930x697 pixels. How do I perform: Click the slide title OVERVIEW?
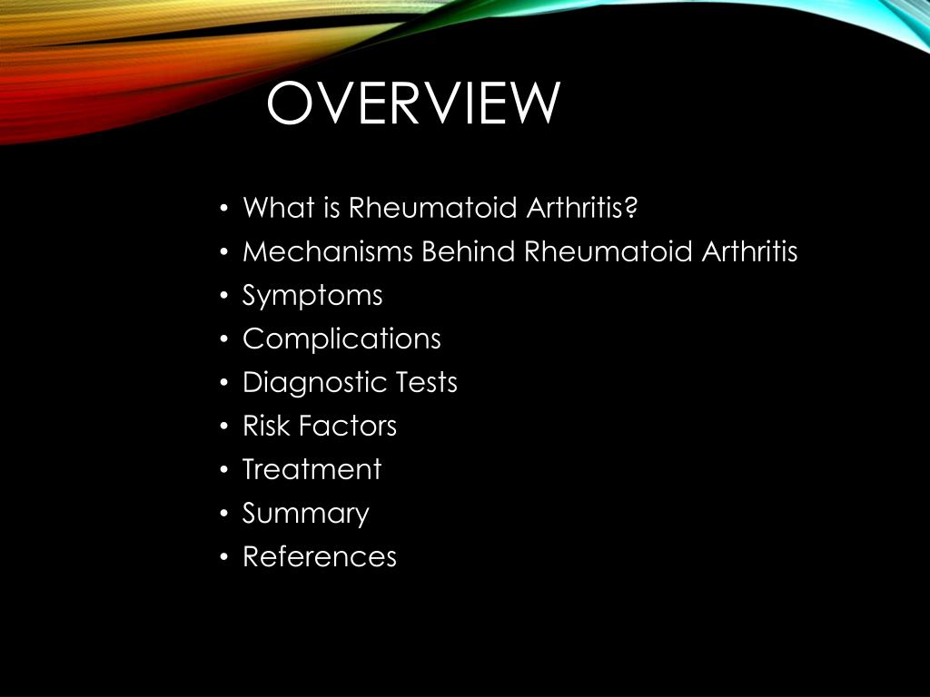pos(413,104)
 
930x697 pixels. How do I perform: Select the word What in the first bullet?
pos(271,208)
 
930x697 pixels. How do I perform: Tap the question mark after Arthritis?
pos(632,208)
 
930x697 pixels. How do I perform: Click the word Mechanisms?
pos(328,251)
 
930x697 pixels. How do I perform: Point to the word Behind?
pos(469,251)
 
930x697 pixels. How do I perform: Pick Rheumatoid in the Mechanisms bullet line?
pos(608,251)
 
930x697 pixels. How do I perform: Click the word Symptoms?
pos(312,296)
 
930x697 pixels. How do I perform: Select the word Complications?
pos(341,339)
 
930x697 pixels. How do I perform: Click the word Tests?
pos(426,382)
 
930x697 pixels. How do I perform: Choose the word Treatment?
pos(312,469)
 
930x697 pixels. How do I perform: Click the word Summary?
pos(305,514)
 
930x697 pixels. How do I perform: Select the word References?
pos(320,556)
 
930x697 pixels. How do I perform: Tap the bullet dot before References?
pos(223,557)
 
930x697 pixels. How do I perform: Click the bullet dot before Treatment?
pos(223,470)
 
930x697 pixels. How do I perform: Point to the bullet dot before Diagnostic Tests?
pos(223,383)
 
